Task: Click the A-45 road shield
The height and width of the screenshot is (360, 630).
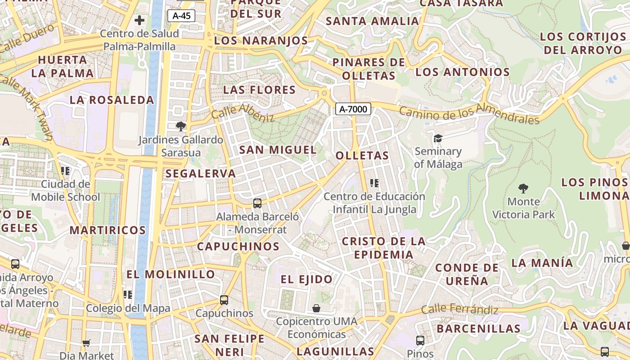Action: tap(181, 16)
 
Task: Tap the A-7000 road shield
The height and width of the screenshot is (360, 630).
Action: tap(353, 108)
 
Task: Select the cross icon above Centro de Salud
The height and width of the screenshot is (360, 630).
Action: tap(139, 20)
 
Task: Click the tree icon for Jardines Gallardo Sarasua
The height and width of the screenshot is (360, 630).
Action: tap(181, 126)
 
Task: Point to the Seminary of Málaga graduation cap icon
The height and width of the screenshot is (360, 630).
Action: tap(438, 138)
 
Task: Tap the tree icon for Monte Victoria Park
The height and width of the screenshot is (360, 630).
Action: tap(523, 188)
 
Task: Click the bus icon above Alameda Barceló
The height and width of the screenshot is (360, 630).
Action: tap(257, 203)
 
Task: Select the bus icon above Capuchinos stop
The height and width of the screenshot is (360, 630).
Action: tap(224, 300)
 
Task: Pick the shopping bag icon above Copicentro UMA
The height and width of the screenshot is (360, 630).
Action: tap(316, 308)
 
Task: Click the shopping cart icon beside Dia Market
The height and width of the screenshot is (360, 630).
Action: tap(86, 343)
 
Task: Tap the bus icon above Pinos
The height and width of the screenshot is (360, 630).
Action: tap(420, 341)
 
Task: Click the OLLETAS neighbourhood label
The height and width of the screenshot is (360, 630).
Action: tap(362, 156)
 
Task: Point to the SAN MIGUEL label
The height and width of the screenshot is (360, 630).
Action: tap(278, 150)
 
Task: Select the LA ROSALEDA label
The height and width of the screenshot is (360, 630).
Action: tap(112, 100)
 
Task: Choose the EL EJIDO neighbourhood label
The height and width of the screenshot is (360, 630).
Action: tap(306, 279)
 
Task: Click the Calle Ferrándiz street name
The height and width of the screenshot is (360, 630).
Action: tap(459, 310)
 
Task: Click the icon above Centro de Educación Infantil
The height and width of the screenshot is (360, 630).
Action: tap(374, 183)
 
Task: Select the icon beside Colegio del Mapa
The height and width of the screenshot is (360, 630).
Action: tap(128, 295)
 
